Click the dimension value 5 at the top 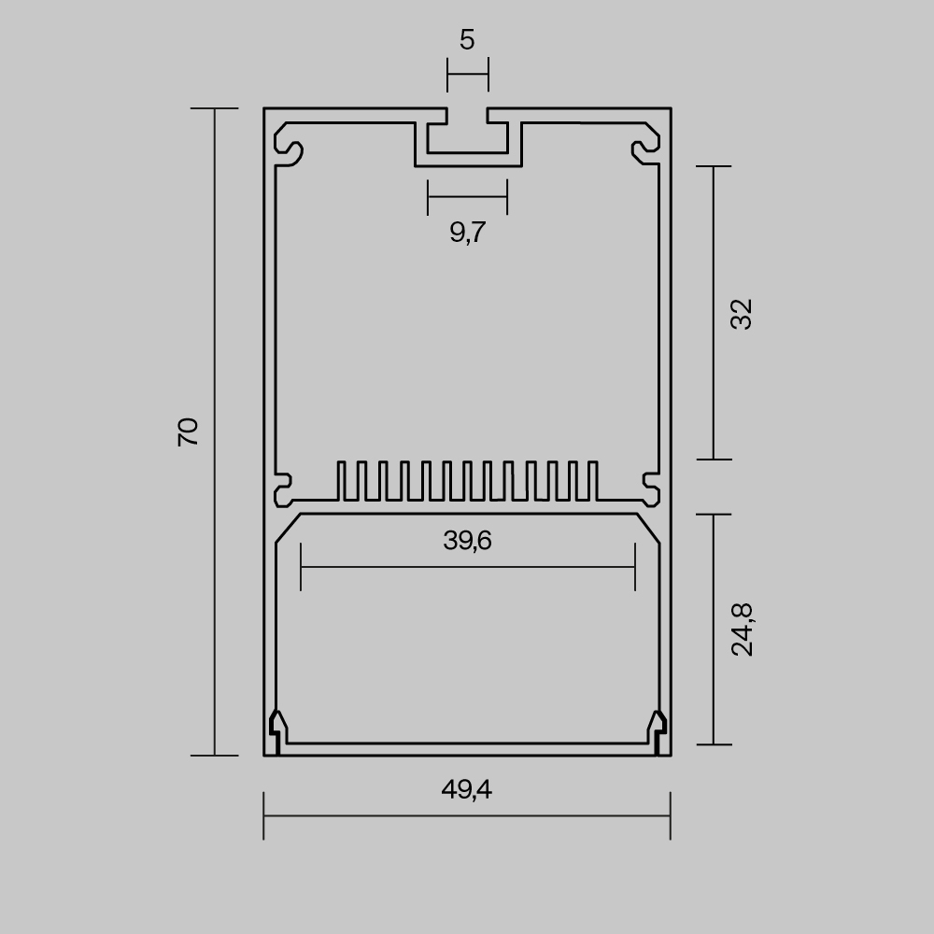(467, 40)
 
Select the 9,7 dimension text (468, 232)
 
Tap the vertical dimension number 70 (188, 432)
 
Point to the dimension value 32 (742, 314)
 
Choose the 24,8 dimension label (743, 630)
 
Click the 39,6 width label (468, 541)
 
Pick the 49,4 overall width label (467, 790)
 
